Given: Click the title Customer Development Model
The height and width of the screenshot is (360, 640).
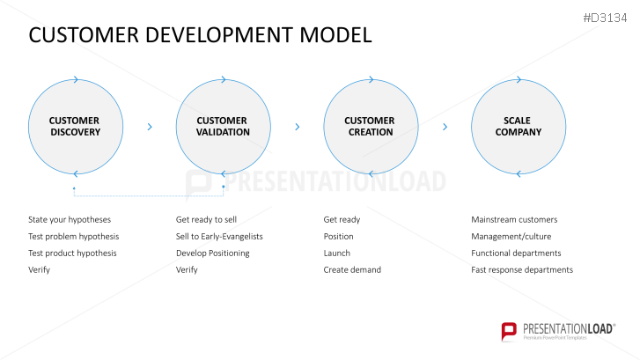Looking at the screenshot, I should click(x=200, y=35).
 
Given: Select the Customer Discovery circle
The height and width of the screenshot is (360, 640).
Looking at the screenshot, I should click(x=74, y=127).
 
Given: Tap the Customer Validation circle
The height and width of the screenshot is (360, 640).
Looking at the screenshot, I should click(x=223, y=127).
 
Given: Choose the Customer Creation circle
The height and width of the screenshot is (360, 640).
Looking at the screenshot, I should click(x=370, y=127).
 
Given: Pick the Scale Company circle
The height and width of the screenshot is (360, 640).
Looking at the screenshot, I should click(x=518, y=127).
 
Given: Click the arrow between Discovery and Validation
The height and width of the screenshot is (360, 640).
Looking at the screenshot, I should click(x=150, y=127).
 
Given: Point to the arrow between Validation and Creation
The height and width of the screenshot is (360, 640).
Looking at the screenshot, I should click(x=297, y=127).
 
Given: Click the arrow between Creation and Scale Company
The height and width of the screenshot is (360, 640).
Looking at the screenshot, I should click(x=445, y=127).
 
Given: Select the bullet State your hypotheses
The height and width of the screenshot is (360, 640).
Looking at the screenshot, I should click(x=70, y=219).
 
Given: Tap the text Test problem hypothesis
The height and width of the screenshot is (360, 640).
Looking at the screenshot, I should click(x=73, y=236).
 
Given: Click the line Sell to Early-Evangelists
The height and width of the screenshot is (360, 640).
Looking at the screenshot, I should click(x=219, y=236).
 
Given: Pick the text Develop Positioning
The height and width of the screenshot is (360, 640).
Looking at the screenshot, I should click(x=212, y=253).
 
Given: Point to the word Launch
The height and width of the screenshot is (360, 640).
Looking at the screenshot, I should click(x=336, y=253).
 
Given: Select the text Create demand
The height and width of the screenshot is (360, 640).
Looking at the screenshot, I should click(x=352, y=269).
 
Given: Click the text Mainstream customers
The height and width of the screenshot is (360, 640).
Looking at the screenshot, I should click(x=514, y=219).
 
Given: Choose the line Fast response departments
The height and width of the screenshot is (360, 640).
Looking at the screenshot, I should click(x=522, y=269).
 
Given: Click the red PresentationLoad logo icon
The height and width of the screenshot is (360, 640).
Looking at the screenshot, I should click(x=509, y=332).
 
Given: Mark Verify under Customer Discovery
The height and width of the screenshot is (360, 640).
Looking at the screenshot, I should click(x=39, y=269).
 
